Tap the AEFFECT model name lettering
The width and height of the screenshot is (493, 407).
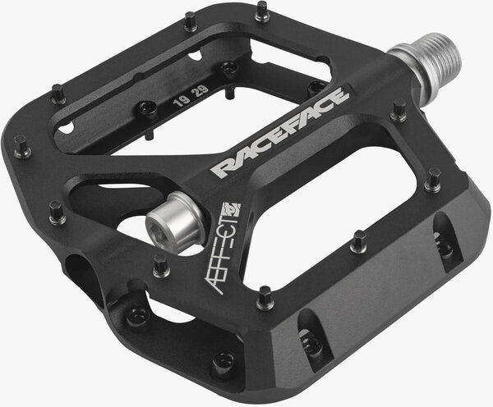click(x=223, y=248)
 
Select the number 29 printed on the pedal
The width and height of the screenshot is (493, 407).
click(x=202, y=91)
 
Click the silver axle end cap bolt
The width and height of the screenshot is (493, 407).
click(x=175, y=217)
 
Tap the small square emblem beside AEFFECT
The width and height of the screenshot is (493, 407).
click(x=232, y=210)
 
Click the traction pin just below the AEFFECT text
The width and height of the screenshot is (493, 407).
click(x=264, y=298)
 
